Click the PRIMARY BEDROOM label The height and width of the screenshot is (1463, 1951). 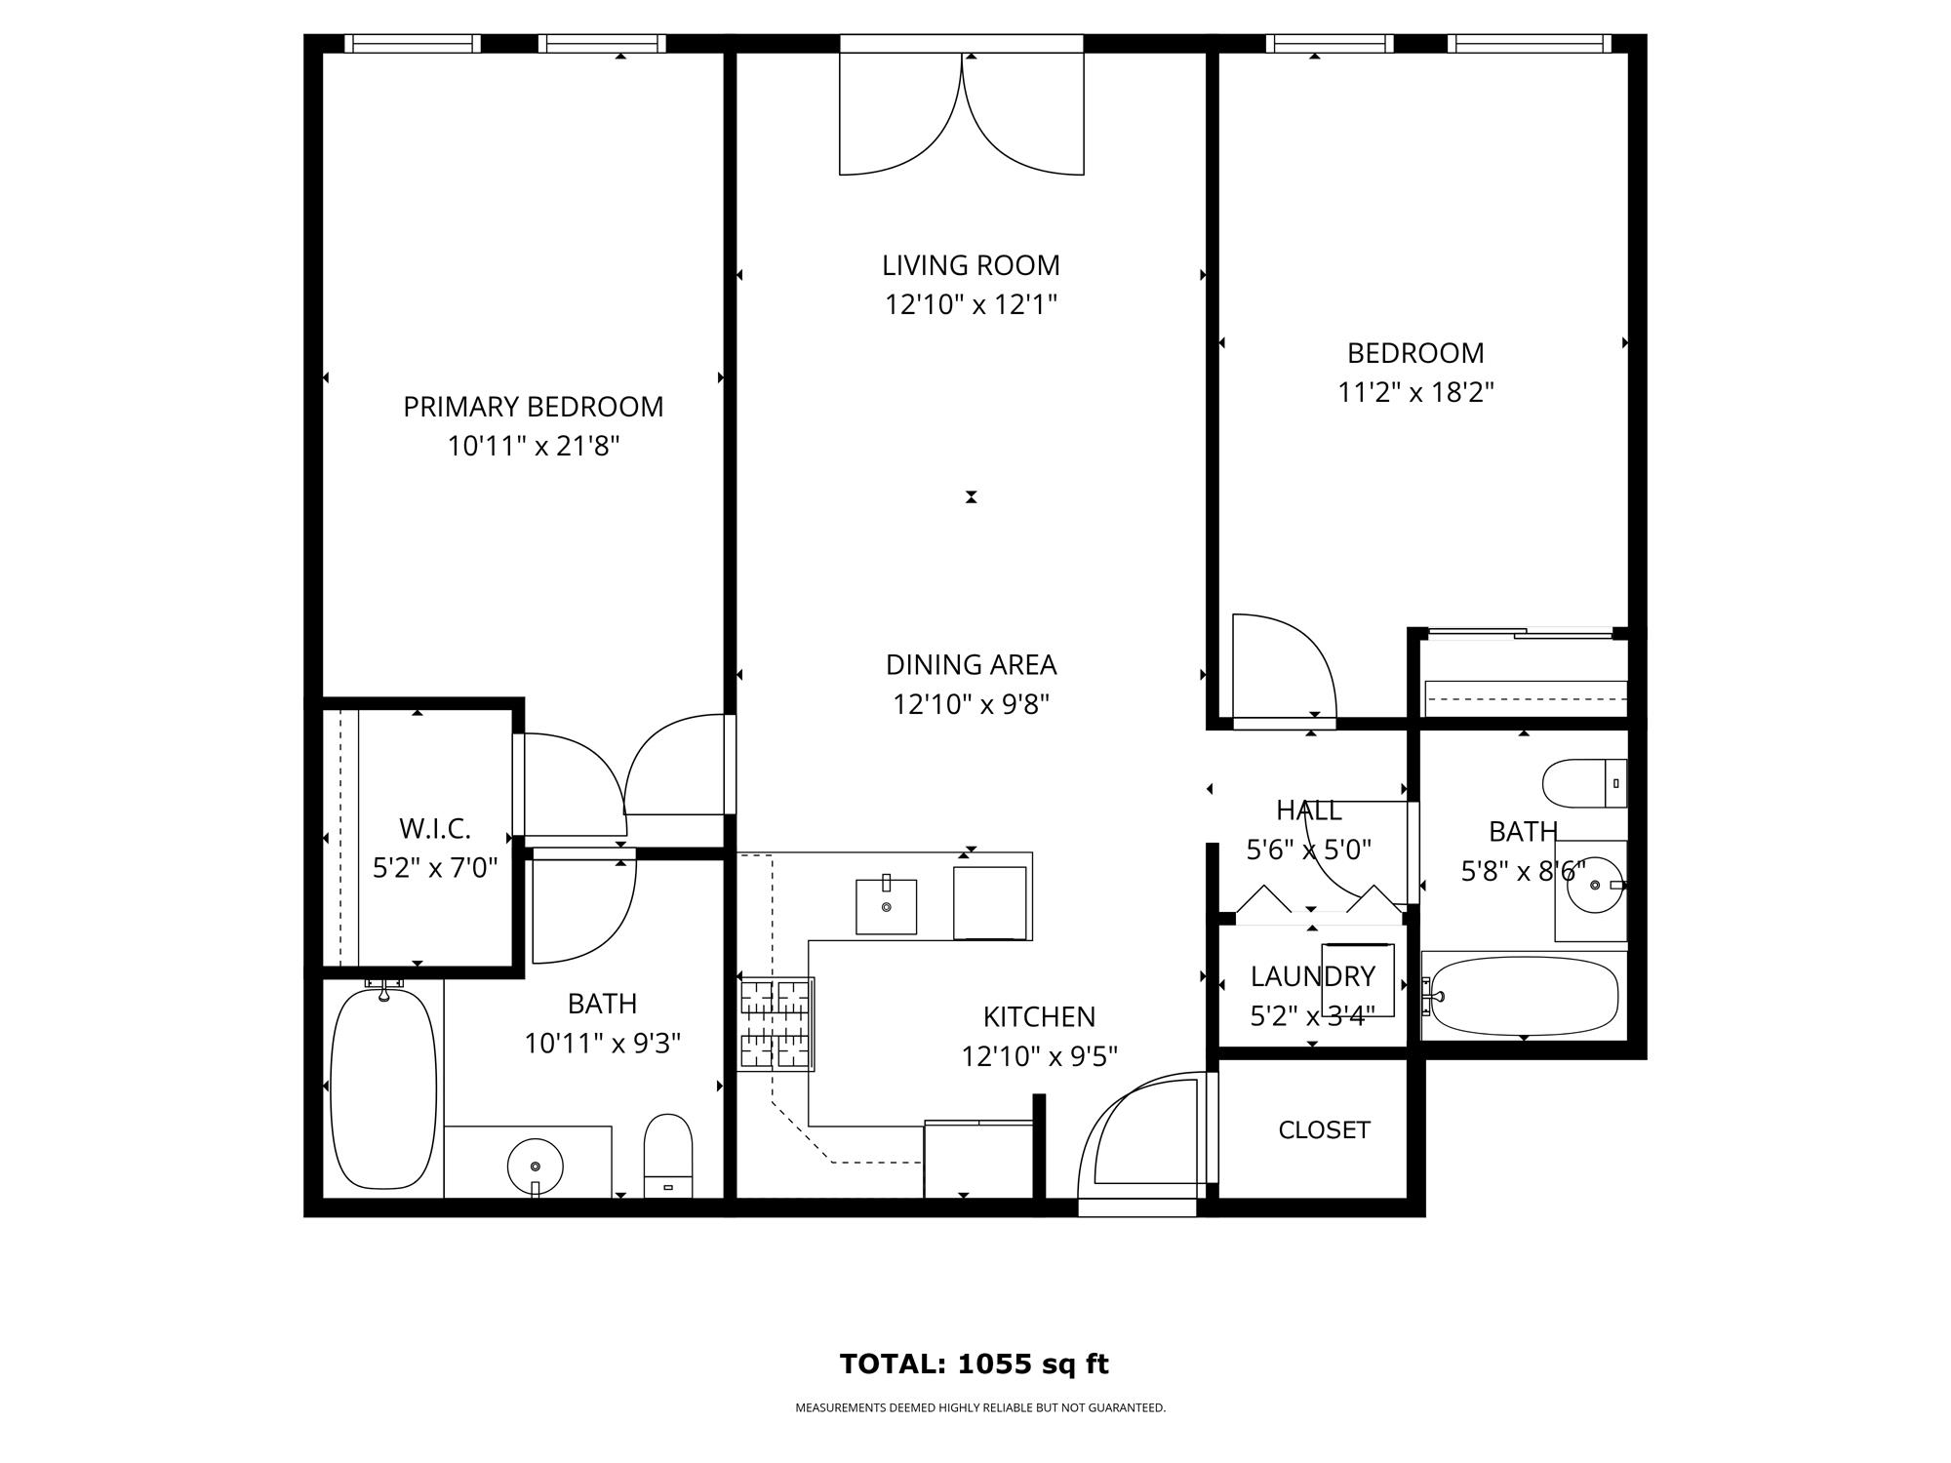pyautogui.click(x=534, y=407)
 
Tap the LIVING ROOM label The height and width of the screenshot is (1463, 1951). pyautogui.click(x=971, y=265)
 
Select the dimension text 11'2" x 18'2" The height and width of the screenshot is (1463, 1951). pyautogui.click(x=1415, y=392)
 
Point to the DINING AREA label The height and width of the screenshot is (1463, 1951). pyautogui.click(x=971, y=664)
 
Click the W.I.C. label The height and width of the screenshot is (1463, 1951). pyautogui.click(x=435, y=829)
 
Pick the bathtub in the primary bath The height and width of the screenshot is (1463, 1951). pyautogui.click(x=384, y=1088)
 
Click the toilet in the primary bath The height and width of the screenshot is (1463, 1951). pyautogui.click(x=668, y=1156)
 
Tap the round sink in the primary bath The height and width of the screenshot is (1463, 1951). pyautogui.click(x=536, y=1166)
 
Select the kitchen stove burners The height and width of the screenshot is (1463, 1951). pyautogui.click(x=776, y=1024)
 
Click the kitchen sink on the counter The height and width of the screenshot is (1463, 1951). pyautogui.click(x=887, y=906)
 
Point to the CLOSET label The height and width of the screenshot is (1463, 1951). pyautogui.click(x=1324, y=1129)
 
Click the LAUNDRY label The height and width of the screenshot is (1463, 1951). pyautogui.click(x=1313, y=976)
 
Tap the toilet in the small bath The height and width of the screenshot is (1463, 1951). pyautogui.click(x=1585, y=783)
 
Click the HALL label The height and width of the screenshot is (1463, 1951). pyautogui.click(x=1309, y=811)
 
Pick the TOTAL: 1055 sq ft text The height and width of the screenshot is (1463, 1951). pyautogui.click(x=975, y=1364)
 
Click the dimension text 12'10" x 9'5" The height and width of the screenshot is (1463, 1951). pyautogui.click(x=1039, y=1056)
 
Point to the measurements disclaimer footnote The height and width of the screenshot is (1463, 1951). pyautogui.click(x=980, y=1407)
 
